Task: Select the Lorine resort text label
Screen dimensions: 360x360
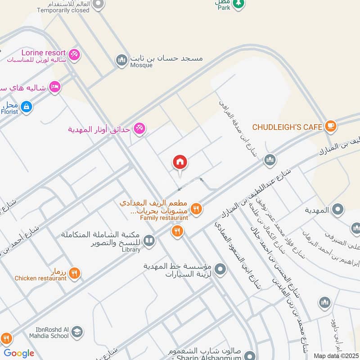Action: click(x=37, y=53)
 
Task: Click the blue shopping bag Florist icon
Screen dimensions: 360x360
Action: click(x=27, y=107)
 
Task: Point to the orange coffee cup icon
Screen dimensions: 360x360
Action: click(x=331, y=126)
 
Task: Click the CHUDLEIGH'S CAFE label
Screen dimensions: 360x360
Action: click(x=287, y=127)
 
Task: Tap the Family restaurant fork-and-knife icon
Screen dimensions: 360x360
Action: click(x=196, y=208)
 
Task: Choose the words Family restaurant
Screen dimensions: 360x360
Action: click(x=164, y=218)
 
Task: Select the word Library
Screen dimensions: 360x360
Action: click(x=131, y=250)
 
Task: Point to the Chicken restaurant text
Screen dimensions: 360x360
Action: click(x=40, y=279)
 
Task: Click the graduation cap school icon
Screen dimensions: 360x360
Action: click(x=77, y=332)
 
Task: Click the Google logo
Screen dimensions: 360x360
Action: click(x=19, y=353)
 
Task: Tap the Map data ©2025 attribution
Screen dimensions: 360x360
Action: click(x=335, y=355)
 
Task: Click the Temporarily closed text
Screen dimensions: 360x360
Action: click(x=63, y=10)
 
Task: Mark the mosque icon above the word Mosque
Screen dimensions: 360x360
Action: click(x=121, y=60)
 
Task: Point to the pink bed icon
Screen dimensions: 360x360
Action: click(x=54, y=87)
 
